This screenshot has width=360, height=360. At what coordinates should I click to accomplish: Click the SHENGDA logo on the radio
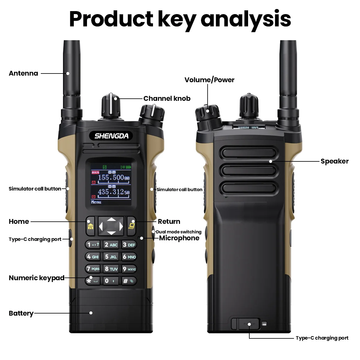(111, 136)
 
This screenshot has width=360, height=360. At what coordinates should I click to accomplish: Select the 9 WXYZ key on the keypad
(129, 269)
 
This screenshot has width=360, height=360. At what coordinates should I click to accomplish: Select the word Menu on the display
(96, 202)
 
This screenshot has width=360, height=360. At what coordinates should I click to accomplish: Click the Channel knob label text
(167, 98)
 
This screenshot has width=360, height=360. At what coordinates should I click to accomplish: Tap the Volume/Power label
(209, 80)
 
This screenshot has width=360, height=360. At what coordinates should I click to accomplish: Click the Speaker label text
(334, 161)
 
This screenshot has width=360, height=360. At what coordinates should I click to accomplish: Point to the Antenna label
(23, 73)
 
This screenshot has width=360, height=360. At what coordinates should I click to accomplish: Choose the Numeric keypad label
(37, 278)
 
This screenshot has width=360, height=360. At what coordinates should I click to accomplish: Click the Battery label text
(21, 313)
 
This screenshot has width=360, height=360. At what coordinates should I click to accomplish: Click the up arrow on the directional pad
(111, 220)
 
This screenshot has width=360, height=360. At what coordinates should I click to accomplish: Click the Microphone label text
(179, 238)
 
